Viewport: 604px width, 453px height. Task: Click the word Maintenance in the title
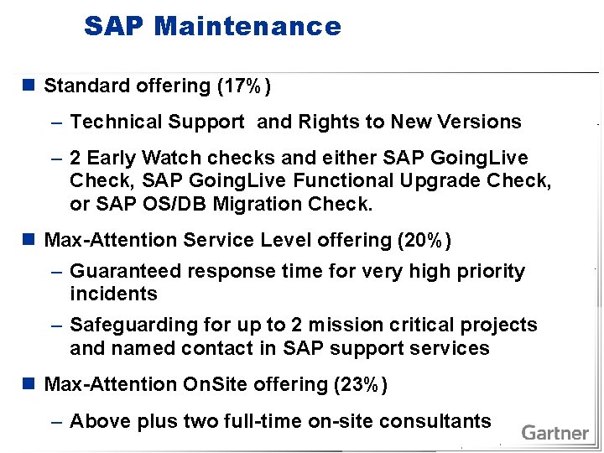(x=247, y=26)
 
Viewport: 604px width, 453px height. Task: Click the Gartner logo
(x=555, y=433)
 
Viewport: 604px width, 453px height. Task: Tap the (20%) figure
(x=424, y=241)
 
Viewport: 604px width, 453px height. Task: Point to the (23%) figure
(x=361, y=384)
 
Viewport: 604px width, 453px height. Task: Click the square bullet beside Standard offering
(x=29, y=86)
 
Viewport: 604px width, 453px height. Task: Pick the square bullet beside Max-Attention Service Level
(x=29, y=241)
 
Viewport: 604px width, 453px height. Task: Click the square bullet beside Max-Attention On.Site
(x=29, y=384)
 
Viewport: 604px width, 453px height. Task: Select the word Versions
(x=482, y=122)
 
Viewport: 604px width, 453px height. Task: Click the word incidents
(x=113, y=294)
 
